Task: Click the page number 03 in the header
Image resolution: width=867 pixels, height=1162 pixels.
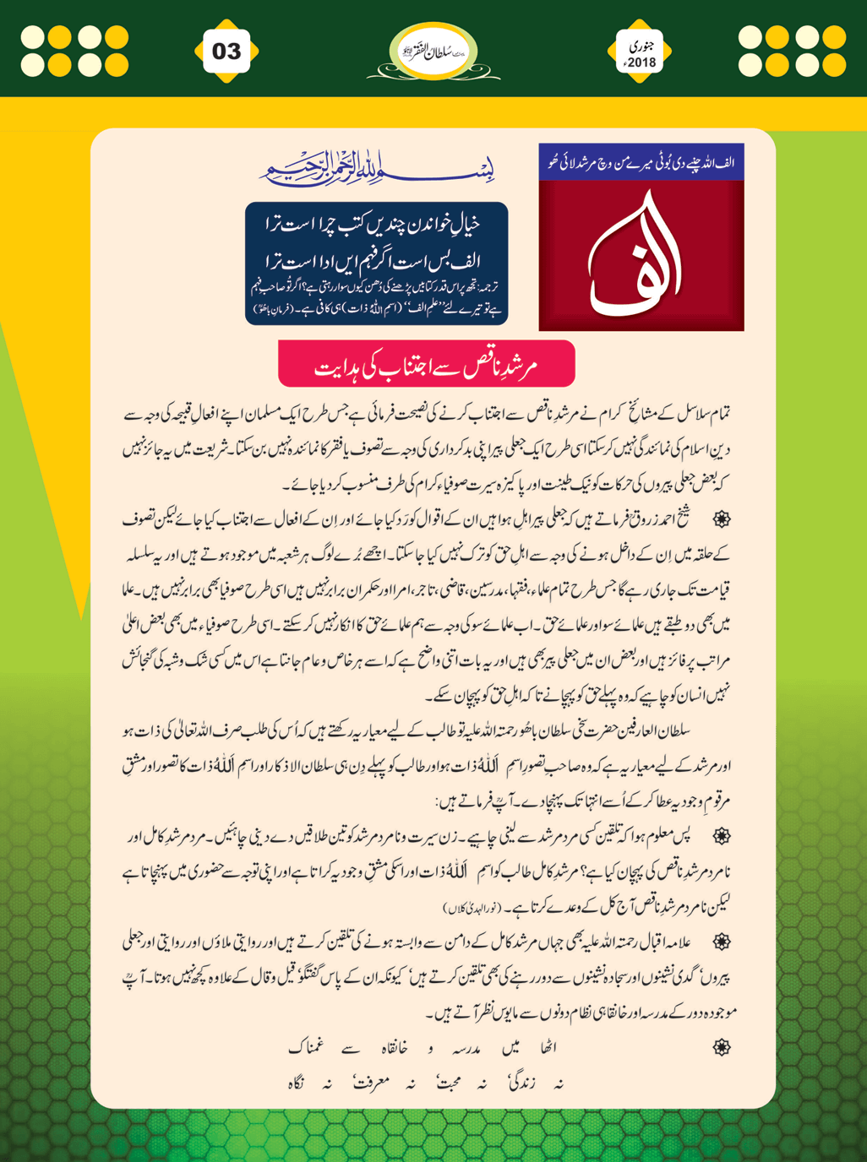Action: (226, 52)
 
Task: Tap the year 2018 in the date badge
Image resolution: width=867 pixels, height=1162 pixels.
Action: (641, 62)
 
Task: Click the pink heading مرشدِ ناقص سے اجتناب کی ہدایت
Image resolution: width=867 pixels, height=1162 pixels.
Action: (427, 366)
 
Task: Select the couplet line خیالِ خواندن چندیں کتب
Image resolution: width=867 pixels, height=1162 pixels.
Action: (376, 224)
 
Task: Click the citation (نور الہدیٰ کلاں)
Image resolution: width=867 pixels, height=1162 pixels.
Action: (474, 908)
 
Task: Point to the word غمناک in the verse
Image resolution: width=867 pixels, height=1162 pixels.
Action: (306, 1048)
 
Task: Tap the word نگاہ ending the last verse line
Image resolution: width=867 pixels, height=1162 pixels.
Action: (296, 1083)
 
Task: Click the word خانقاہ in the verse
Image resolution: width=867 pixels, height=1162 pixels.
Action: (390, 1048)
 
